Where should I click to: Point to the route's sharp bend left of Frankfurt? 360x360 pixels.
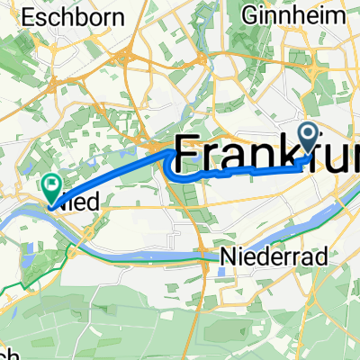pos(168,158)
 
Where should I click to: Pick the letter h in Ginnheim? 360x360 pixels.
pos(303,16)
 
